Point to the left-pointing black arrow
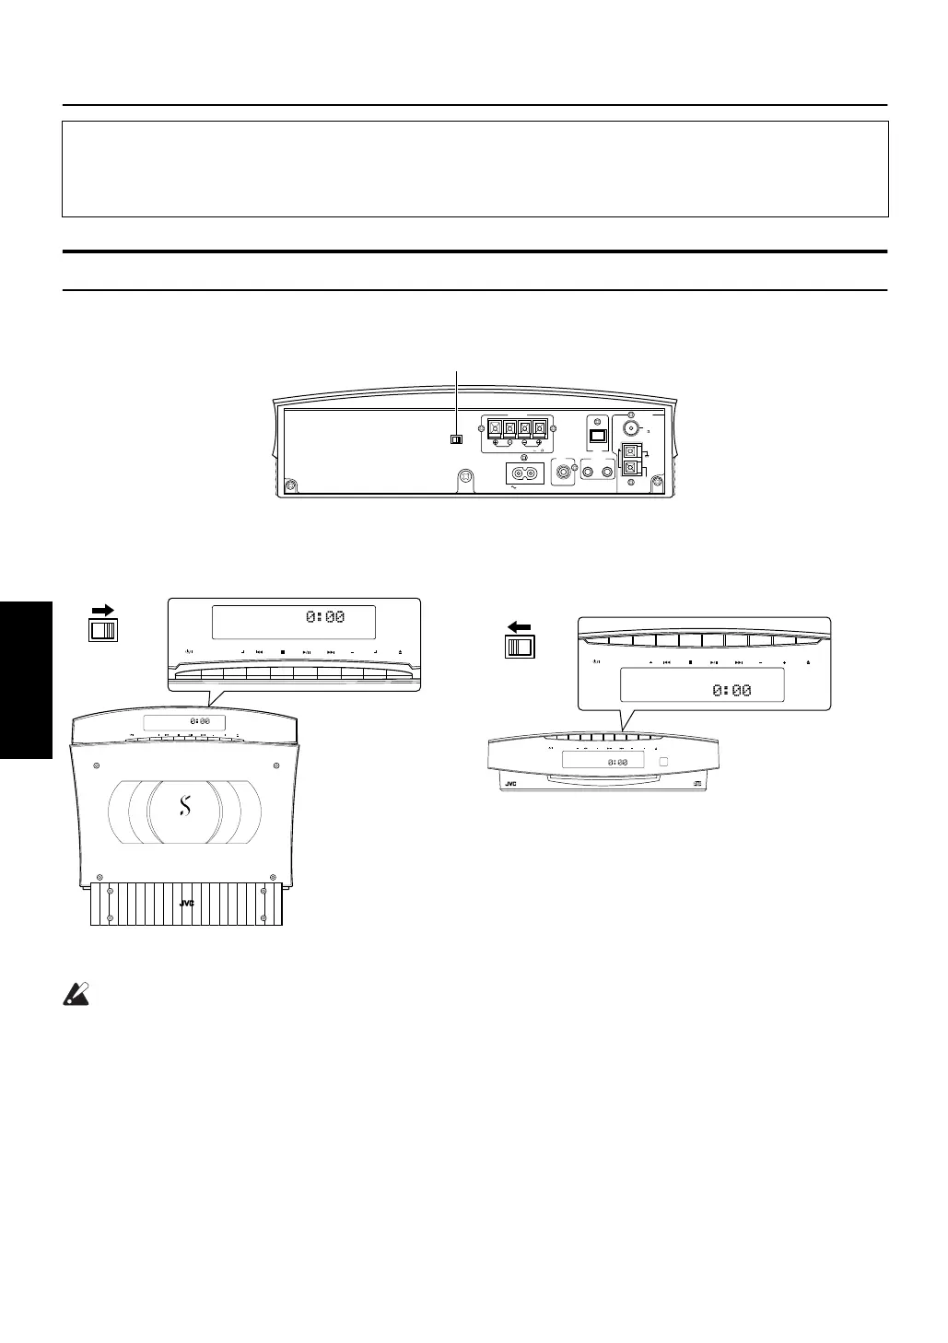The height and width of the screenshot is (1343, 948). point(519,627)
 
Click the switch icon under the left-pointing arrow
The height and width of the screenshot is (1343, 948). point(519,647)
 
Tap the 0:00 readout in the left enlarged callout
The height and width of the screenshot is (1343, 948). point(326,617)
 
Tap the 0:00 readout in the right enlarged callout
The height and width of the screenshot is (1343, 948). point(731,690)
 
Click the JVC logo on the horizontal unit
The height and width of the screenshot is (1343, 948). point(511,785)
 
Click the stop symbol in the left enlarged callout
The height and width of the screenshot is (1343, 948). point(283,652)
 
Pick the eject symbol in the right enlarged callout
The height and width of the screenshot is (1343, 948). point(808,662)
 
